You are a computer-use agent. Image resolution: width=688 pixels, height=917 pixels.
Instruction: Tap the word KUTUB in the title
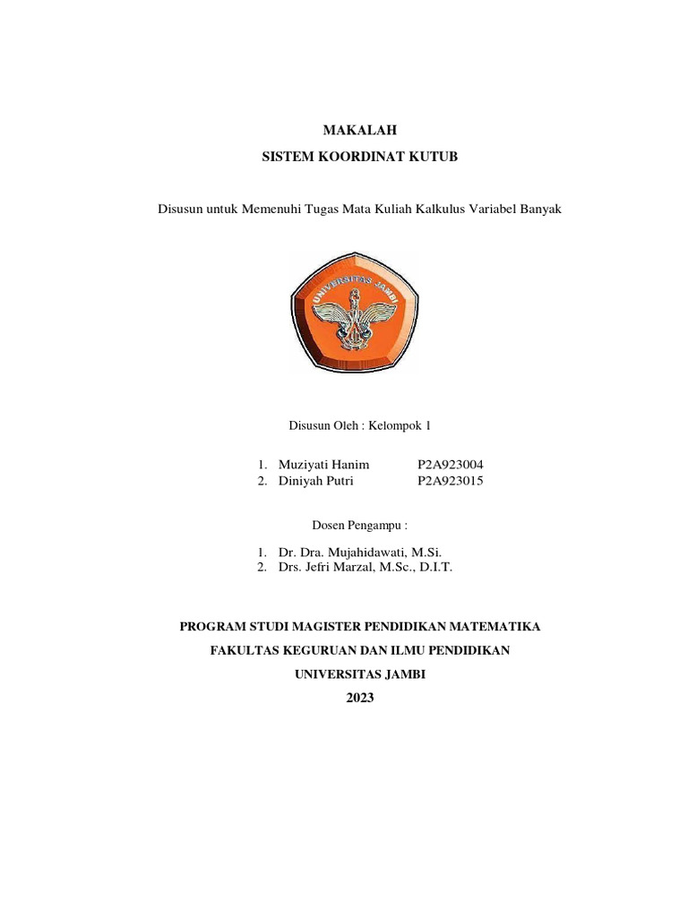coord(434,157)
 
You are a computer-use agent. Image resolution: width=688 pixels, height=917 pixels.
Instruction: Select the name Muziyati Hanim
coord(323,464)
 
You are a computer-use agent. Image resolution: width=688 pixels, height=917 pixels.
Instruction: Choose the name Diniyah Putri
coord(315,481)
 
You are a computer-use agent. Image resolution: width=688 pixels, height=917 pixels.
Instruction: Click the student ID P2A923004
coord(451,464)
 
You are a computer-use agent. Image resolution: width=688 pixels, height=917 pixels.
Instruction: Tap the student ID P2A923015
coord(451,481)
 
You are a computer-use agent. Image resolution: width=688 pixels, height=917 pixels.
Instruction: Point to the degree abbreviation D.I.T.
coord(434,567)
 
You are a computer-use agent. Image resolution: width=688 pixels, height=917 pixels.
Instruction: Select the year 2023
coord(360,698)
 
